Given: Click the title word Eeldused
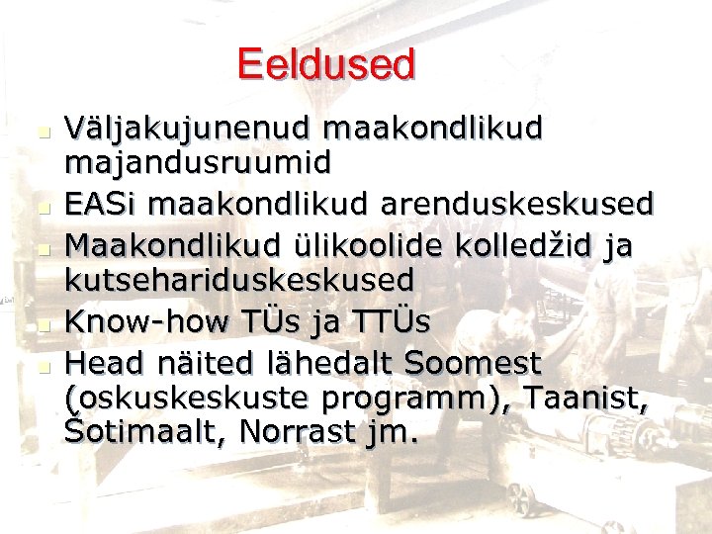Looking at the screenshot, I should point(326,65).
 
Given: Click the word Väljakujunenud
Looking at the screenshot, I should point(185,128).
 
